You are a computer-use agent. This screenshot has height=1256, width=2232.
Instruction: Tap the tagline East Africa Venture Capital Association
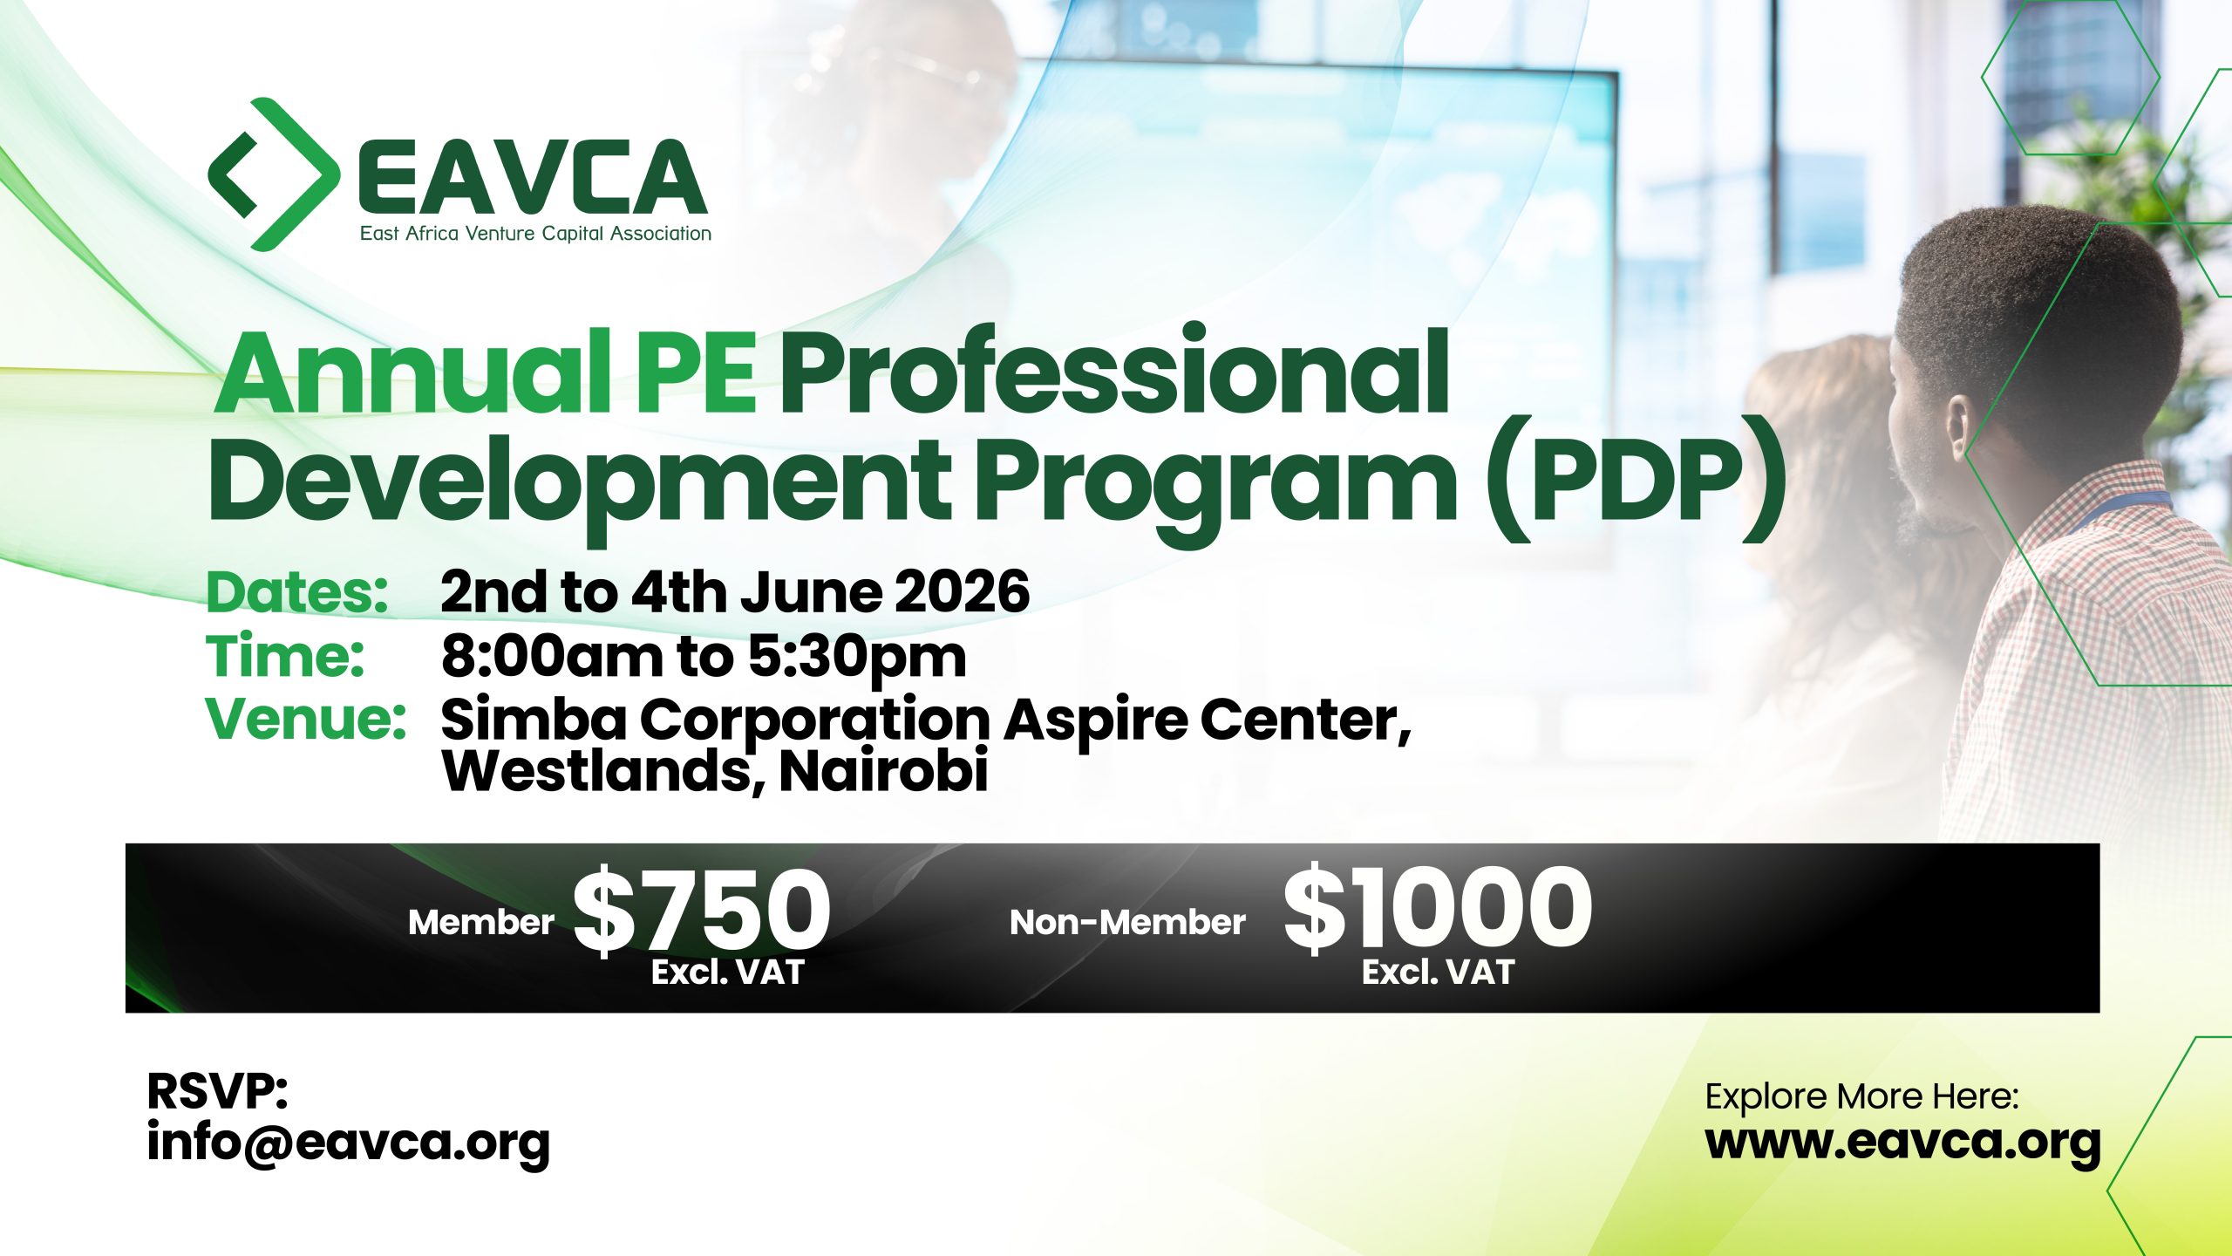click(535, 234)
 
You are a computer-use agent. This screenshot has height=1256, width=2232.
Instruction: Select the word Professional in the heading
click(1114, 370)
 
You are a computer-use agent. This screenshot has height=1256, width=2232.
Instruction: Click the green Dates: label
click(297, 592)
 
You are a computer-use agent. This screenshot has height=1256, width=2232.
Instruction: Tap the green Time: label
click(285, 656)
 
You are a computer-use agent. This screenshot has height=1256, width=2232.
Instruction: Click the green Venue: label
click(306, 719)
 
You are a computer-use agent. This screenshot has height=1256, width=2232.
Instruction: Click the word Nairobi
click(883, 771)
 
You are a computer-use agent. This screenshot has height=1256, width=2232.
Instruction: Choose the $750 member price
click(702, 911)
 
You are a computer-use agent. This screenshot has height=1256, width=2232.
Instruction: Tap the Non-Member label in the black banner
click(1127, 923)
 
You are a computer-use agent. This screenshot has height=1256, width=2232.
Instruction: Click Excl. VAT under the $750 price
click(727, 973)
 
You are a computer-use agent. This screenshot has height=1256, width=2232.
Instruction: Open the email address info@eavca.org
click(349, 1143)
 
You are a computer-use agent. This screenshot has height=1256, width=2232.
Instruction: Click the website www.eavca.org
click(1902, 1143)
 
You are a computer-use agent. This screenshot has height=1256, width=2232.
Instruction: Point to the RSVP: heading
click(217, 1091)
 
